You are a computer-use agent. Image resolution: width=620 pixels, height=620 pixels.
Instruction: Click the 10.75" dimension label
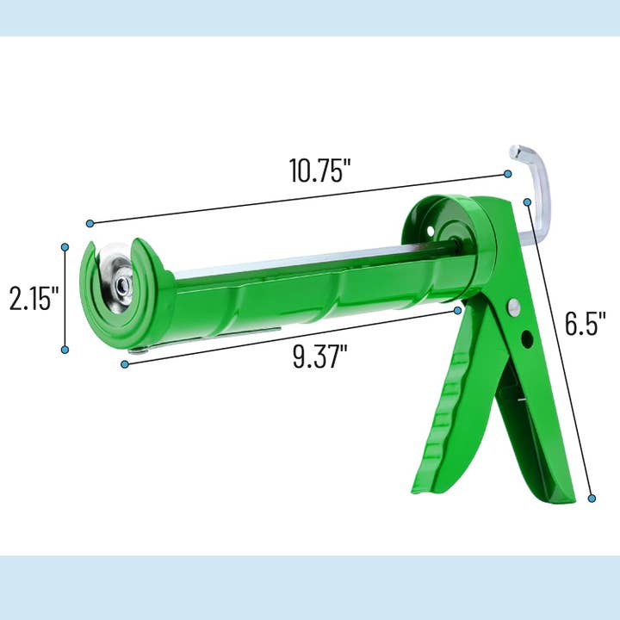click(319, 170)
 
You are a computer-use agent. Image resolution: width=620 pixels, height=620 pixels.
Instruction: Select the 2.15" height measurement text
click(34, 298)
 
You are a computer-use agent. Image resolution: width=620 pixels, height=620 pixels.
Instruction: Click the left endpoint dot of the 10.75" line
click(90, 223)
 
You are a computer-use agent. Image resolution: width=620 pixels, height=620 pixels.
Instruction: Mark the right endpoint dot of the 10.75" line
click(507, 175)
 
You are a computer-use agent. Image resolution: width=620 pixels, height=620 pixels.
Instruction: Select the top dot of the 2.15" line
click(65, 246)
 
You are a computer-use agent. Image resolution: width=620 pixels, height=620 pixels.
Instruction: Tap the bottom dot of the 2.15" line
click(65, 350)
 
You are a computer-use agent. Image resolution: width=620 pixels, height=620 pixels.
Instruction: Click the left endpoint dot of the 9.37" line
click(125, 364)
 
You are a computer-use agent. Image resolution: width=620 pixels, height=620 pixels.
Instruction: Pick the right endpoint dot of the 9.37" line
click(458, 310)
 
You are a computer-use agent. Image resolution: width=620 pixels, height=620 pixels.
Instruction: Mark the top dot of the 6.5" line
click(527, 201)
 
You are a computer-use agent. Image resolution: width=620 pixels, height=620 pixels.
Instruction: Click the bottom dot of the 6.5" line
click(592, 497)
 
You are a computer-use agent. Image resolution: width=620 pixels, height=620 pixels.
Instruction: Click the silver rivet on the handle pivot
click(513, 306)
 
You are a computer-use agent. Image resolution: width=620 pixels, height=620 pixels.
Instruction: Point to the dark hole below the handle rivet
click(526, 338)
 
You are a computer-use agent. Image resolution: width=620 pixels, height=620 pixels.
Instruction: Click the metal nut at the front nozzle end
click(121, 281)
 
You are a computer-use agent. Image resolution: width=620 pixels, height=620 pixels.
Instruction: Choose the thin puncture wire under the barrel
click(207, 338)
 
